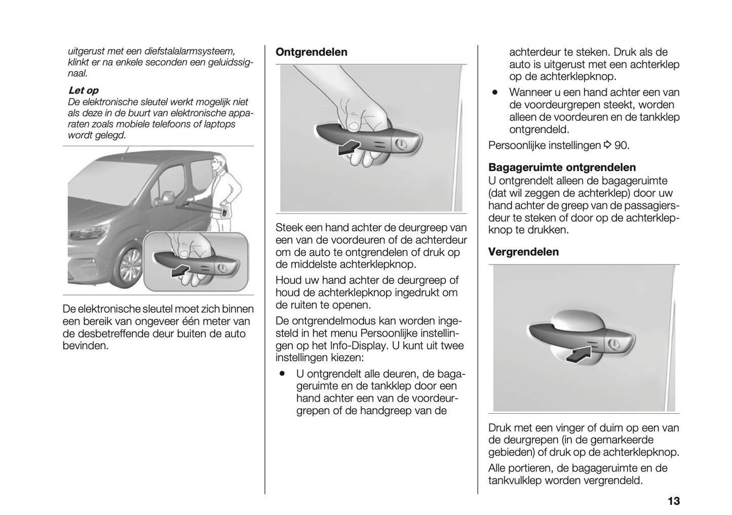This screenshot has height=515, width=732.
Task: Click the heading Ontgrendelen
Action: (x=311, y=52)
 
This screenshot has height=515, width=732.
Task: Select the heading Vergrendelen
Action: (x=523, y=252)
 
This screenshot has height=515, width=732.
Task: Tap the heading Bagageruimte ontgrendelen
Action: (x=562, y=167)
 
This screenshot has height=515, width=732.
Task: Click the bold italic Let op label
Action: (x=83, y=91)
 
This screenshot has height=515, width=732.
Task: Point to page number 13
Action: (x=673, y=501)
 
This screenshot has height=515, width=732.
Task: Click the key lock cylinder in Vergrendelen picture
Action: (x=613, y=345)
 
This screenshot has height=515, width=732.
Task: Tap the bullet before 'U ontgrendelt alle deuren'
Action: (x=281, y=374)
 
